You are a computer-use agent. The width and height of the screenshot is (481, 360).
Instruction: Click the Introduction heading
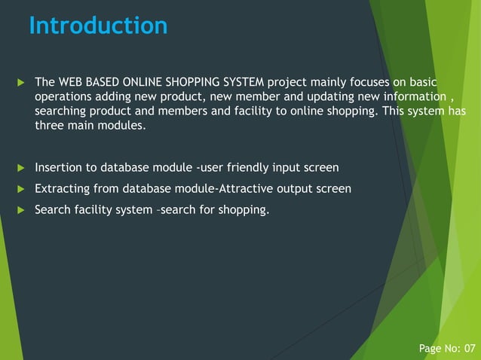click(x=98, y=26)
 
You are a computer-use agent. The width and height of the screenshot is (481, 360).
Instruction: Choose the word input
click(x=289, y=167)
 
